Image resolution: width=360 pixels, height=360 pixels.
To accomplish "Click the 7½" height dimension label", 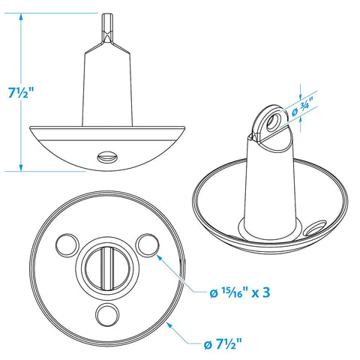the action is click(20, 93).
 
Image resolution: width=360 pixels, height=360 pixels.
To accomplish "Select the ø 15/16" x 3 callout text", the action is click(240, 292).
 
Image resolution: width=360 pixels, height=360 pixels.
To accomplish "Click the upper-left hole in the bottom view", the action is click(67, 244).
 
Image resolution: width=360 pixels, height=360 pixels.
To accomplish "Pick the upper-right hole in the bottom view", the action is click(147, 245).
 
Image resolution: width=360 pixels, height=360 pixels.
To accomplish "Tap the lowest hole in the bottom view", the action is click(107, 314).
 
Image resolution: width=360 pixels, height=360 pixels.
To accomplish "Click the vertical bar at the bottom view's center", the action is click(107, 268).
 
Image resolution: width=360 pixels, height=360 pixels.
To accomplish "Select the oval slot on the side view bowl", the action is click(107, 157).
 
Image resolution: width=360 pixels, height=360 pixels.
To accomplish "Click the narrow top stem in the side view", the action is click(107, 28).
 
